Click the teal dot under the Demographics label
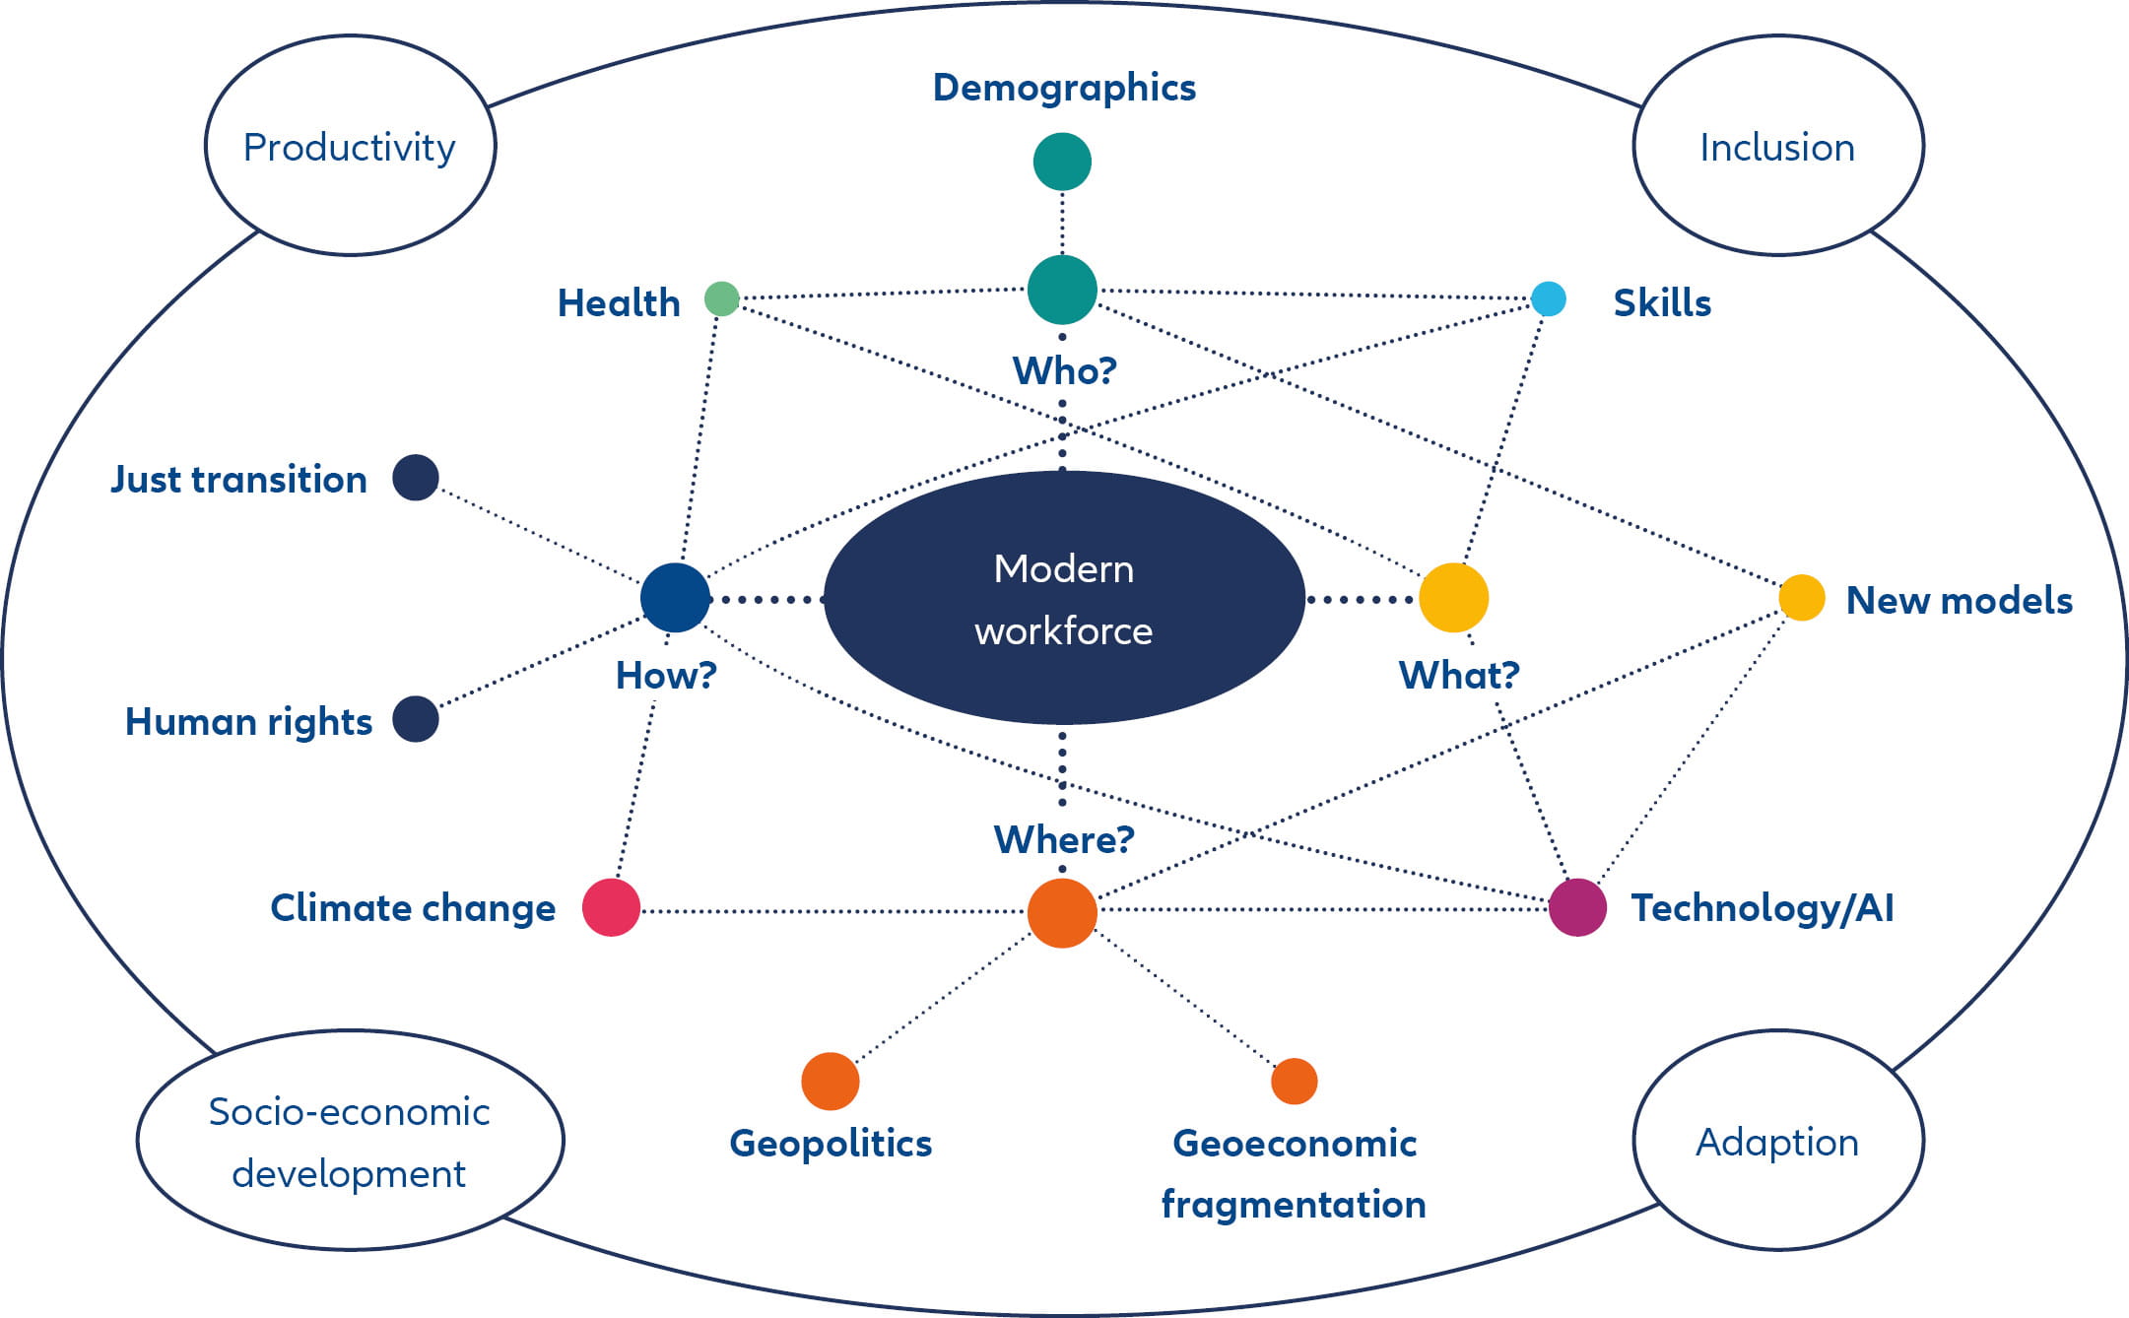tap(1062, 162)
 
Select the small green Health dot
tap(721, 298)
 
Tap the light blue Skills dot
tap(1548, 298)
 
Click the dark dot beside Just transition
tap(415, 478)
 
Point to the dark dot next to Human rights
tap(415, 719)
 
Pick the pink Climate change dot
tap(611, 907)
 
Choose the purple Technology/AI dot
tap(1577, 907)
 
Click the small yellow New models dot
tap(1801, 598)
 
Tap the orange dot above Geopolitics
tap(830, 1081)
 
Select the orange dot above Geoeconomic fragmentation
tap(1294, 1081)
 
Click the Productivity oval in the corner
tap(350, 146)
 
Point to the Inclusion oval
tap(1777, 146)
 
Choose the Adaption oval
tap(1777, 1141)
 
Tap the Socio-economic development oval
tap(350, 1141)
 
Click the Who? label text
tap(1064, 370)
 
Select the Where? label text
tap(1064, 839)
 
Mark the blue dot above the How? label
tap(675, 598)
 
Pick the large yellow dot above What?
tap(1453, 598)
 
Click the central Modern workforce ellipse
tap(1064, 598)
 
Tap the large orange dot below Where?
tap(1062, 913)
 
